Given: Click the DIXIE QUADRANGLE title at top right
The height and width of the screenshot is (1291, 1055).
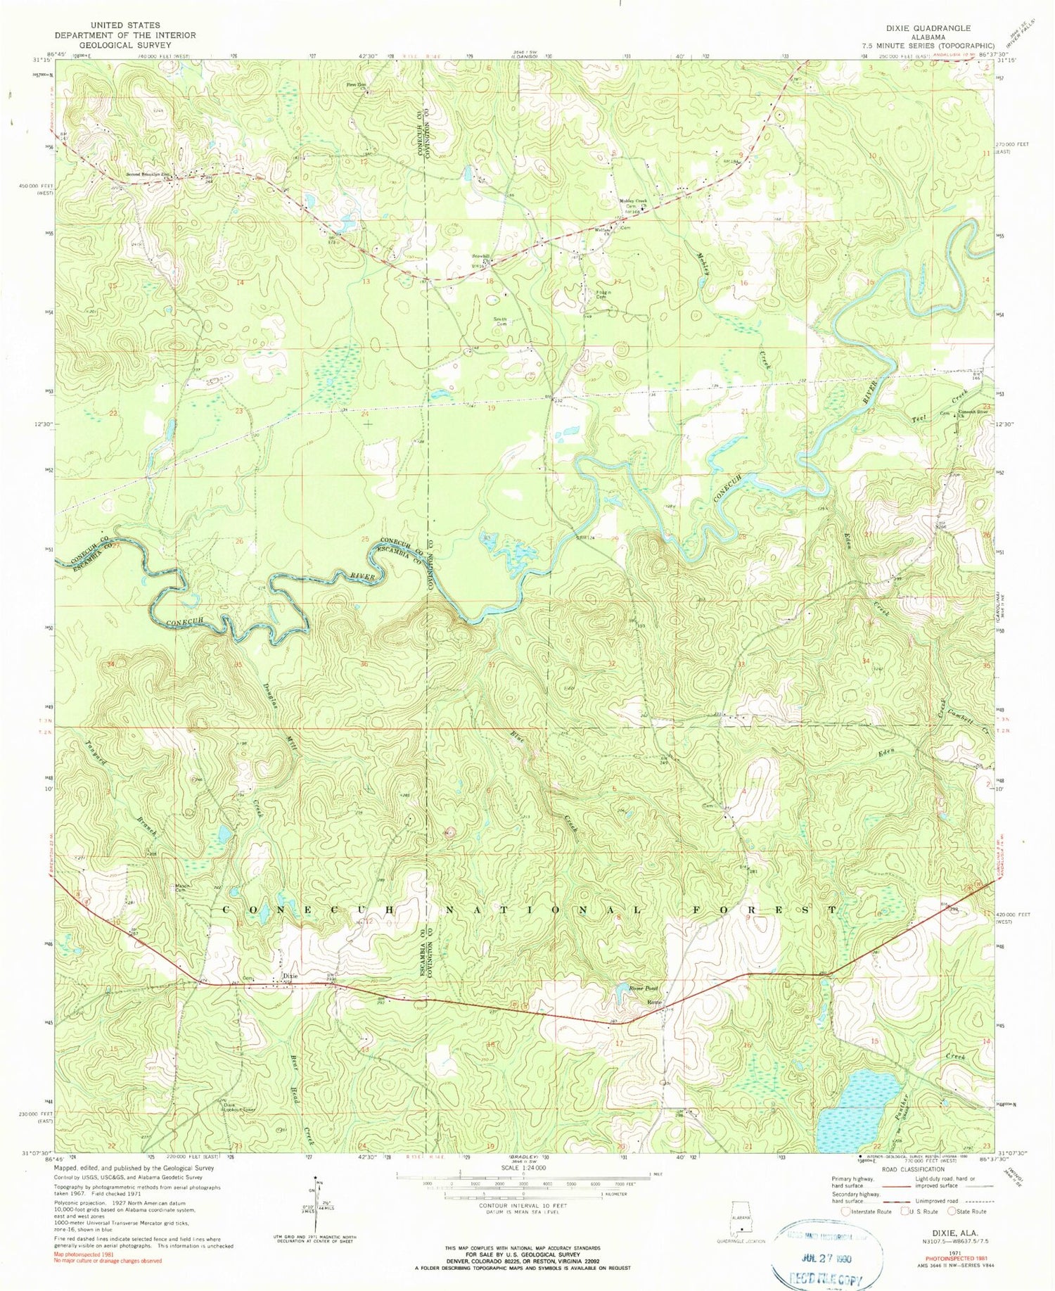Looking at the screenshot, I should pos(928,28).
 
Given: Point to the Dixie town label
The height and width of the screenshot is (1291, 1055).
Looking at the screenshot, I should pos(290,976).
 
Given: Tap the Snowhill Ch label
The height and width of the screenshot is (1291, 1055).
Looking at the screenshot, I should pos(480,257).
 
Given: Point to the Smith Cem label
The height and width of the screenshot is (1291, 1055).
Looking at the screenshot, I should pos(499,321).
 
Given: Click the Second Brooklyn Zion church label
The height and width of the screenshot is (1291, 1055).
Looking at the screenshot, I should pos(147,174).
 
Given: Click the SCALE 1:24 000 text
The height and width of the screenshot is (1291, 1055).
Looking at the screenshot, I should pos(523,1167).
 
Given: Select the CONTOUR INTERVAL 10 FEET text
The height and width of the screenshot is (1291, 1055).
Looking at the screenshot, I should pos(523,1205).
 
